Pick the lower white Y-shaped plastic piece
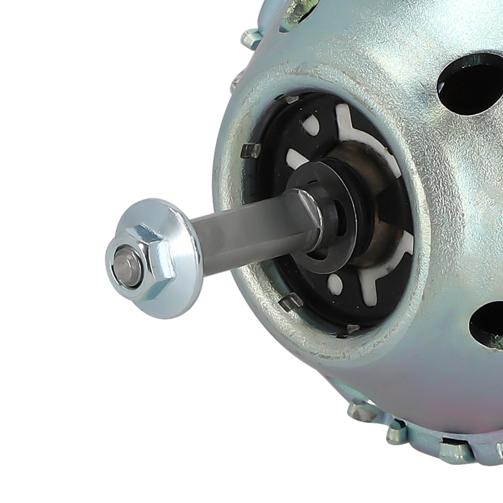click(x=382, y=272)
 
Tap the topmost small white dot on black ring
click(x=311, y=124)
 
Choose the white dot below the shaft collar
click(x=334, y=284)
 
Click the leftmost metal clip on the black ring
click(x=250, y=150)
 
